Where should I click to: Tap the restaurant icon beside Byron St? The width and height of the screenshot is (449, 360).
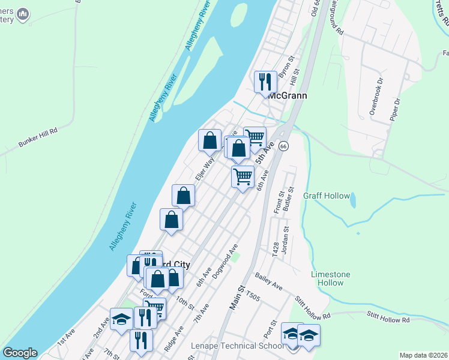coord(265,81)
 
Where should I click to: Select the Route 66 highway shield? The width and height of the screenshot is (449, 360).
coord(283,146)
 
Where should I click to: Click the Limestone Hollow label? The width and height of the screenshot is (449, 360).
coord(330,279)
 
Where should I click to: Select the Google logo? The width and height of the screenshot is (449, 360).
coord(20,353)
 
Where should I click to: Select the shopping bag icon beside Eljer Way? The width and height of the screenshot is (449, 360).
coord(209,140)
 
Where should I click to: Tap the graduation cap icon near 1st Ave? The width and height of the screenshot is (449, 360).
coord(121,319)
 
